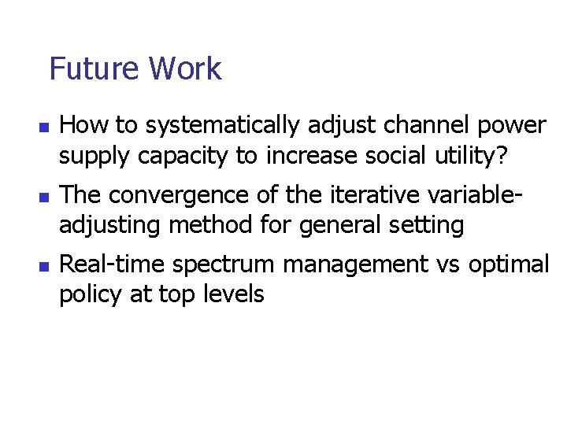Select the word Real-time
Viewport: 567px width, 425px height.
[113, 264]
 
